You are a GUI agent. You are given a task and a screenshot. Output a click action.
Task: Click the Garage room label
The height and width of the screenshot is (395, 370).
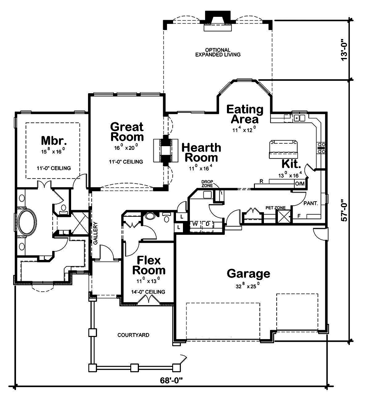pyautogui.click(x=248, y=274)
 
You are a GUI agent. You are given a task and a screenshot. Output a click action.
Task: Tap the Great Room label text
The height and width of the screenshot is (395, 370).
pyautogui.click(x=127, y=132)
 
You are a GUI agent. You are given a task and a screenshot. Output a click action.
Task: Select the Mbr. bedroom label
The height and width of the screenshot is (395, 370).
pyautogui.click(x=53, y=140)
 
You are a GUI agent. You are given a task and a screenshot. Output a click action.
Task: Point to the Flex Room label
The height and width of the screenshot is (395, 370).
pyautogui.click(x=149, y=265)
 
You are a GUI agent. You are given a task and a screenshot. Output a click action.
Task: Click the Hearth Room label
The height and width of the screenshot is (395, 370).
pyautogui.click(x=201, y=152)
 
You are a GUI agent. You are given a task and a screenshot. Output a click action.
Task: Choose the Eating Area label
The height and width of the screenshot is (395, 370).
pyautogui.click(x=245, y=114)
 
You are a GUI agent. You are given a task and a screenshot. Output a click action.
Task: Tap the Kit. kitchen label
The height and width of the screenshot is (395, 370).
pyautogui.click(x=291, y=164)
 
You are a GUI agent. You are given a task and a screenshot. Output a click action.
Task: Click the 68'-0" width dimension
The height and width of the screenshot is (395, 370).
pyautogui.click(x=171, y=380)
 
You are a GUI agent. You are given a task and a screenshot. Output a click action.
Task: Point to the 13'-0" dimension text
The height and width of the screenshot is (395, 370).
pyautogui.click(x=344, y=50)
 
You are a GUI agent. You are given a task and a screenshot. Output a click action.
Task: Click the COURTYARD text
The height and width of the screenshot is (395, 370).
pyautogui.click(x=133, y=335)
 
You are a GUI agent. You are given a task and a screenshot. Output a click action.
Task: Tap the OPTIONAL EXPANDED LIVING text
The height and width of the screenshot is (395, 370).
pyautogui.click(x=217, y=52)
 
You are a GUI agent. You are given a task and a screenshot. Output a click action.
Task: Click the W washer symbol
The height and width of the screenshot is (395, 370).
pyautogui.click(x=195, y=224)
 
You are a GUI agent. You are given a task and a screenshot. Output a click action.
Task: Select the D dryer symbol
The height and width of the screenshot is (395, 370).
pyautogui.click(x=208, y=224)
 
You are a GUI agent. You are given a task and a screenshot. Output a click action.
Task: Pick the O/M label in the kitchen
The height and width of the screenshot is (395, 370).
pyautogui.click(x=300, y=184)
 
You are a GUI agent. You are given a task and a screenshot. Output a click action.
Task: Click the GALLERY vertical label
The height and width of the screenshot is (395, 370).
pyautogui.click(x=95, y=233)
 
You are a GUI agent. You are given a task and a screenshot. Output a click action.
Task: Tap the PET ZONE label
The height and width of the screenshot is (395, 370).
pyautogui.click(x=275, y=208)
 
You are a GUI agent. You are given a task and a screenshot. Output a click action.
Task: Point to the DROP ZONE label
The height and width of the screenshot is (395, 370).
pyautogui.click(x=207, y=184)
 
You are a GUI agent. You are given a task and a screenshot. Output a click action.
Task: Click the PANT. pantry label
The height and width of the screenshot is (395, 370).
pyautogui.click(x=311, y=203)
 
